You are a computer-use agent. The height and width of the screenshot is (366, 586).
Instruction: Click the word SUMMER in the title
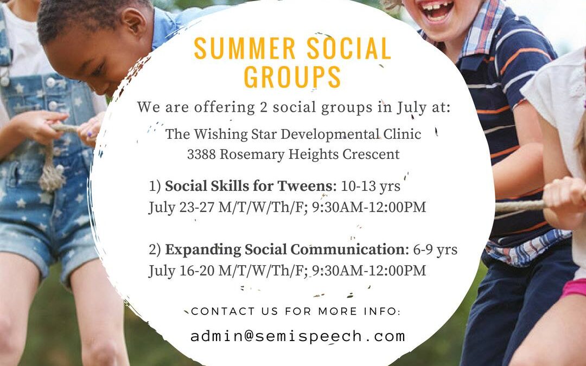click(x=245, y=49)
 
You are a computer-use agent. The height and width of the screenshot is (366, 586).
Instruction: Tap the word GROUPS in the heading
click(x=292, y=77)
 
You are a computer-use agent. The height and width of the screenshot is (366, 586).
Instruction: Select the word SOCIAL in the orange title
click(x=349, y=49)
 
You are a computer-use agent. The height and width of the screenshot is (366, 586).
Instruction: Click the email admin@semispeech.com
click(x=298, y=336)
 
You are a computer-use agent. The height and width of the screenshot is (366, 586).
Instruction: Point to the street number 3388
click(x=201, y=154)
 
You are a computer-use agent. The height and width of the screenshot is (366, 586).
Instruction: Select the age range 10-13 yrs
click(x=371, y=186)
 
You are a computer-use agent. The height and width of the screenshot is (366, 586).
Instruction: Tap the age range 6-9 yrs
click(x=435, y=249)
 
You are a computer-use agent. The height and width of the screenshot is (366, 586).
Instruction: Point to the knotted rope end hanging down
click(x=51, y=172)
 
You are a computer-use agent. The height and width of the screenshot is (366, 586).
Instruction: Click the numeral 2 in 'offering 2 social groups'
click(x=263, y=107)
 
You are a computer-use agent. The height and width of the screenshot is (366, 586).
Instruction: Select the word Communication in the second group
click(x=348, y=249)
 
